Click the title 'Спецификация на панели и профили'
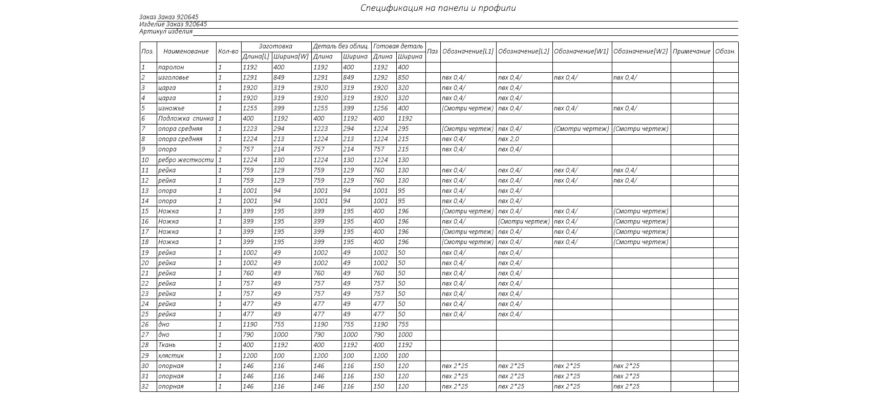tap(438, 8)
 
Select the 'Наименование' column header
tap(186, 52)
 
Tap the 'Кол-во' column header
tap(228, 52)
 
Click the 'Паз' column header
tap(433, 52)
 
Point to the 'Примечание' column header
tap(692, 52)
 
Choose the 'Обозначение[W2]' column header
tap(640, 52)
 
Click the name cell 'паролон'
tap(171, 68)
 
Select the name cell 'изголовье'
tap(174, 78)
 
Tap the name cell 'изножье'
tap(172, 109)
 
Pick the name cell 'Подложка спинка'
tap(186, 119)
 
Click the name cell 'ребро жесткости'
tap(186, 160)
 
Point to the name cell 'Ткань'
tap(167, 345)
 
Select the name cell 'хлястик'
tap(171, 356)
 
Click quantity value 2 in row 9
tap(220, 150)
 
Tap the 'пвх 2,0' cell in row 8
tap(508, 139)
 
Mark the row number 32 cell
tap(145, 387)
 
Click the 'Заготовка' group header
tap(275, 47)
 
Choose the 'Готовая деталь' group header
tap(398, 47)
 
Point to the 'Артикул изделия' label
tap(166, 32)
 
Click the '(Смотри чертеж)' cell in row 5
tap(467, 109)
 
